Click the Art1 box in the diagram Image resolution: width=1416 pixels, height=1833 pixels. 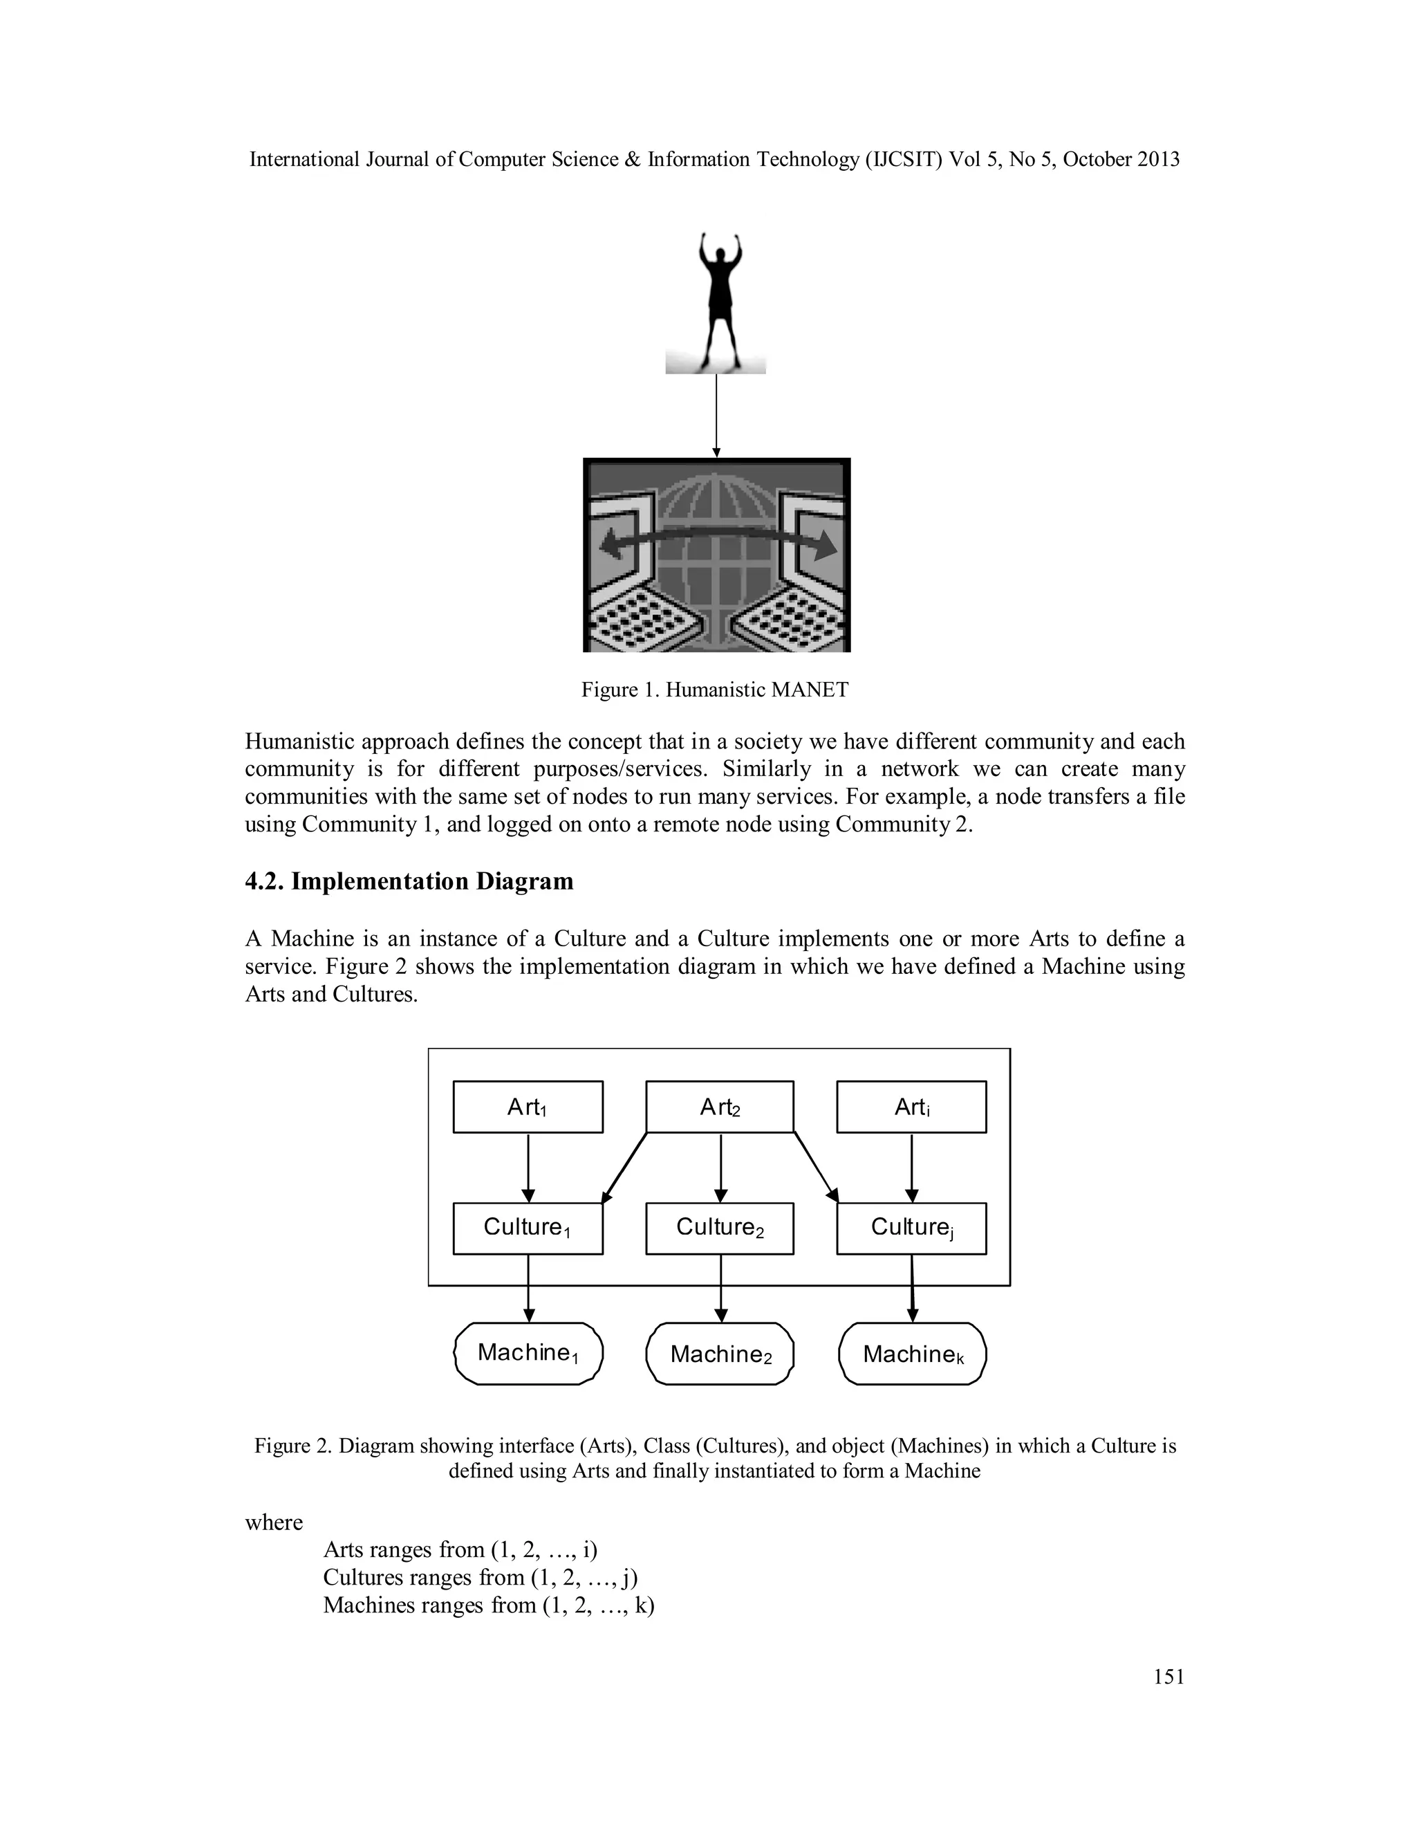click(x=528, y=1106)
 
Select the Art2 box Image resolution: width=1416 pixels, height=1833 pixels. click(x=720, y=1106)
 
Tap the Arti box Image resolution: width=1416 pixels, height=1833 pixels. click(x=911, y=1106)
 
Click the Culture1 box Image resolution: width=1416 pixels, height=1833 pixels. click(x=528, y=1228)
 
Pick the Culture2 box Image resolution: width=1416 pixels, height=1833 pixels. click(x=720, y=1228)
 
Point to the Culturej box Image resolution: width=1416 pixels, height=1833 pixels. click(x=911, y=1228)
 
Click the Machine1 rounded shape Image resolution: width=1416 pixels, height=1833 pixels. click(x=528, y=1353)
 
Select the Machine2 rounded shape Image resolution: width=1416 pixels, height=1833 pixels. click(x=720, y=1353)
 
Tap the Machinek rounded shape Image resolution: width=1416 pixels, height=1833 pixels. click(x=913, y=1353)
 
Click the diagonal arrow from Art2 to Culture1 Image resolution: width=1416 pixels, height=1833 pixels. click(x=625, y=1168)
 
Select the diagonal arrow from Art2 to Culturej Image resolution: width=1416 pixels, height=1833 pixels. click(x=815, y=1167)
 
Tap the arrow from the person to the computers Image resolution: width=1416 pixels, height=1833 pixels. click(x=716, y=416)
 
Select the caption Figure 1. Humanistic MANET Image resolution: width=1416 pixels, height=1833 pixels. click(x=715, y=690)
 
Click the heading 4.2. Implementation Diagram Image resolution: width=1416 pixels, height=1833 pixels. click(x=409, y=881)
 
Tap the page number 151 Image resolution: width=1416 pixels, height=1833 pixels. click(x=1168, y=1676)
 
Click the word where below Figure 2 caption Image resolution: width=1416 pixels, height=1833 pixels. click(x=274, y=1522)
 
